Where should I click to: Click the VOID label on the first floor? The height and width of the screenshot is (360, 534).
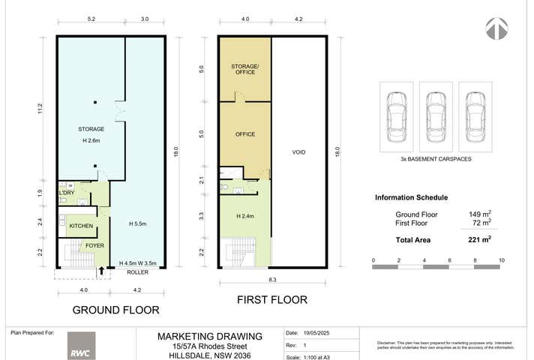pos(298,152)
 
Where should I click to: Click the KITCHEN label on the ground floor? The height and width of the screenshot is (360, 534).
pos(81,226)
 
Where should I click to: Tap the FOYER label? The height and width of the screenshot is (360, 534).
pos(94,245)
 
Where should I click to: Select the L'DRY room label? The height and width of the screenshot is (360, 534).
pos(67,193)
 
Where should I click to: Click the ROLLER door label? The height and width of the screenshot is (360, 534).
pos(136,273)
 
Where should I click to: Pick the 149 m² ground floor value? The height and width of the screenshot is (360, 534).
pos(480,214)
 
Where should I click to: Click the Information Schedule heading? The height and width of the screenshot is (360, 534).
pos(411,198)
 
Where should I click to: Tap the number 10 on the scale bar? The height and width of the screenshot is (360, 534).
pos(501,260)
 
